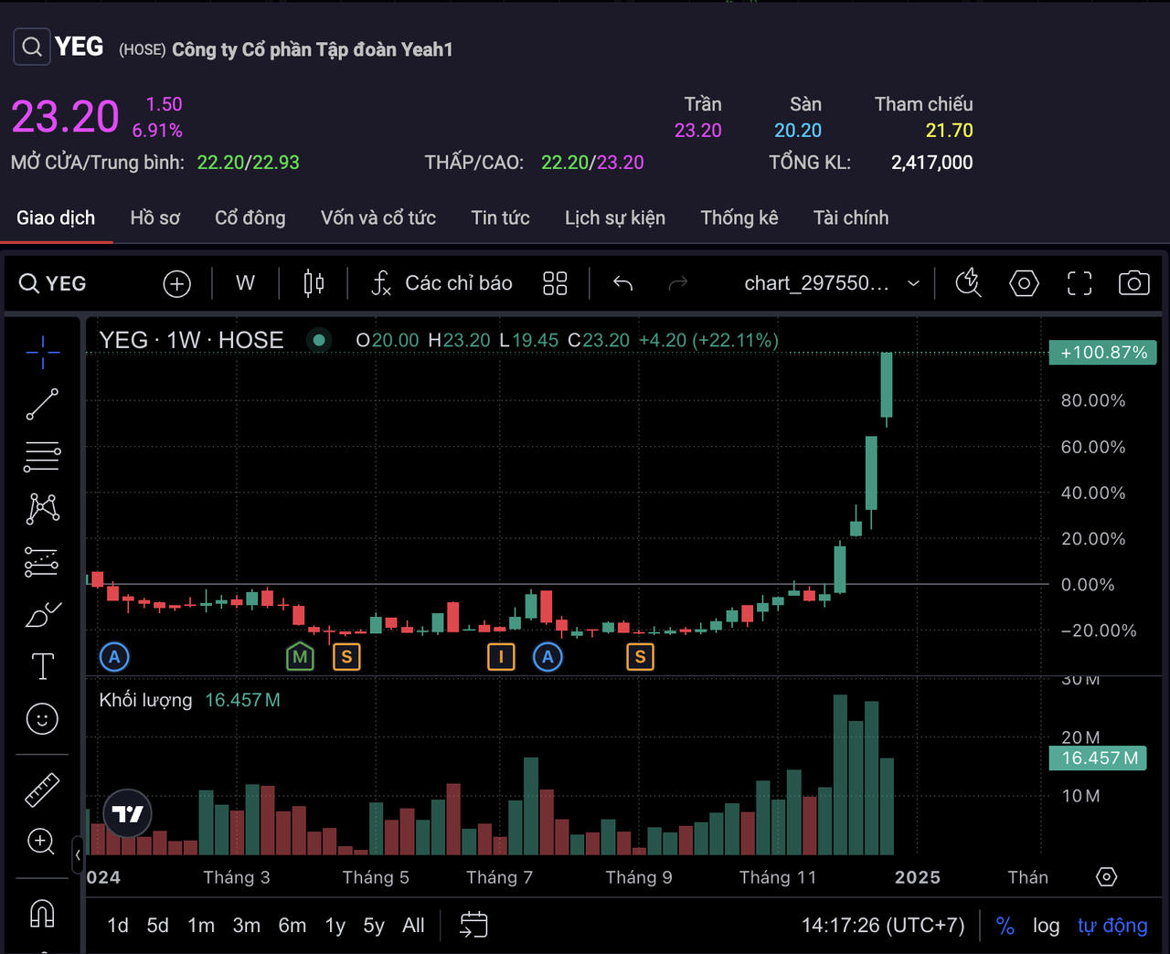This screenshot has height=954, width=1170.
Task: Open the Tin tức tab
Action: [500, 217]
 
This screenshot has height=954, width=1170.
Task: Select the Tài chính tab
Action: [850, 217]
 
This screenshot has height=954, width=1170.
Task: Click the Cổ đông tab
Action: [250, 217]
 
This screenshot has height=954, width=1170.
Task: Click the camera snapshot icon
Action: [1133, 283]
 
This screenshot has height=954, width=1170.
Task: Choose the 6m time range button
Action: [292, 926]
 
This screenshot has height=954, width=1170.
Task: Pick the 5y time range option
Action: [373, 926]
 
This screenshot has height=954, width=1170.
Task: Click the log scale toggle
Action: [1046, 926]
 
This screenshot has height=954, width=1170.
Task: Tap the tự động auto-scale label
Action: [1111, 926]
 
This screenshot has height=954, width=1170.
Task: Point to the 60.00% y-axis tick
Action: [1092, 447]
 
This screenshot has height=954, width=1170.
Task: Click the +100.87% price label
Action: [1103, 353]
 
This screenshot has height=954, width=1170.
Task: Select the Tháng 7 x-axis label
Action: [499, 877]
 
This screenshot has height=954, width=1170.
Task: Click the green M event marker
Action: [300, 656]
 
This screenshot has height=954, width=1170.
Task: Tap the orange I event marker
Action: [501, 656]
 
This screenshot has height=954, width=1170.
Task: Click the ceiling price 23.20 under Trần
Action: [697, 131]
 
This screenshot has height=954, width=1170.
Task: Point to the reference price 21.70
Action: [949, 131]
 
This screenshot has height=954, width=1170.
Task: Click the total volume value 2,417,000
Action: [931, 163]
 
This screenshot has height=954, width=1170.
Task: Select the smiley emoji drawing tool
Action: [42, 719]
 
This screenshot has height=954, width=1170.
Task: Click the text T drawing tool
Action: [42, 666]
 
